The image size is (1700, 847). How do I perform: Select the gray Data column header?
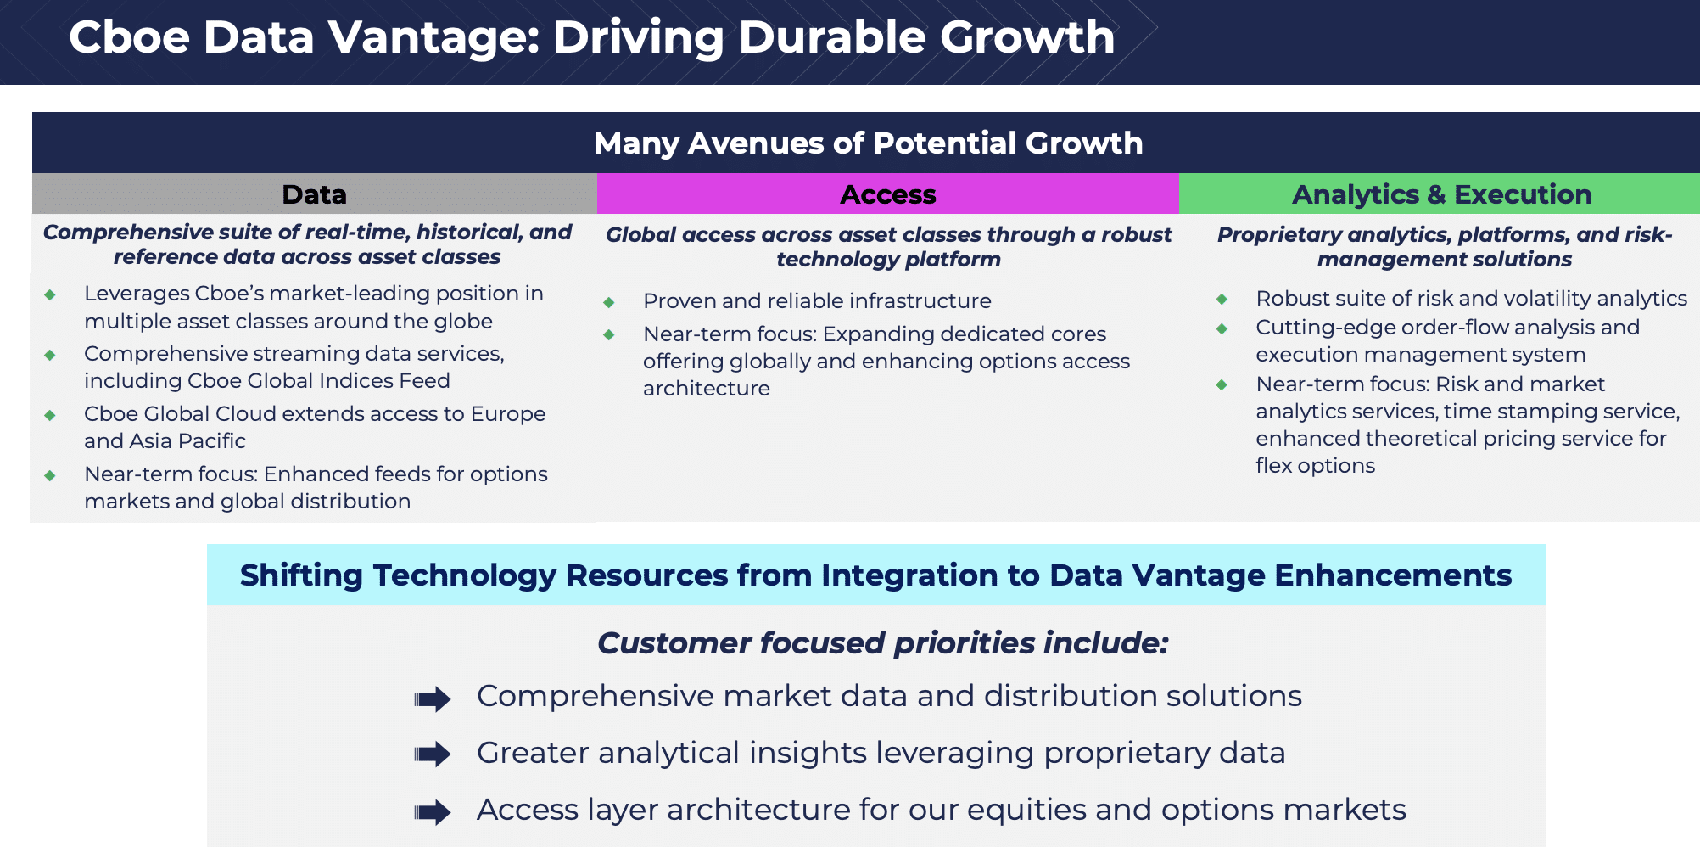(315, 194)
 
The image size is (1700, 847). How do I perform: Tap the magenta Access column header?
(888, 194)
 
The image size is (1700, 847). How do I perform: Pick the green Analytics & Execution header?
(1440, 194)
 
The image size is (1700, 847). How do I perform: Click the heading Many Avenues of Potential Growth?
(868, 143)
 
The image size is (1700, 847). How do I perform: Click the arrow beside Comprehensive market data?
(433, 699)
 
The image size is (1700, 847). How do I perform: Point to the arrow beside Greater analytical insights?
(433, 754)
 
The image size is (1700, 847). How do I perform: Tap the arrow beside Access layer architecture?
(433, 812)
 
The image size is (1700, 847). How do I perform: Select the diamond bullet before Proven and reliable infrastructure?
(608, 302)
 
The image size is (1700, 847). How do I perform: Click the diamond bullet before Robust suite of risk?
(1222, 299)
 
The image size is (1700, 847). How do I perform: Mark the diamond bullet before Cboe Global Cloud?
(50, 415)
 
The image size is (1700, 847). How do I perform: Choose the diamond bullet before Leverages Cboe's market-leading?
(50, 294)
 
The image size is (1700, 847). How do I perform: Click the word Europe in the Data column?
(508, 414)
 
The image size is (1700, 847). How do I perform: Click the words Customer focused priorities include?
(882, 643)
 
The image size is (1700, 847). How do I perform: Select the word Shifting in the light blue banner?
(302, 576)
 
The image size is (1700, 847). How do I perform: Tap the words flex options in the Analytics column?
(1315, 466)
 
